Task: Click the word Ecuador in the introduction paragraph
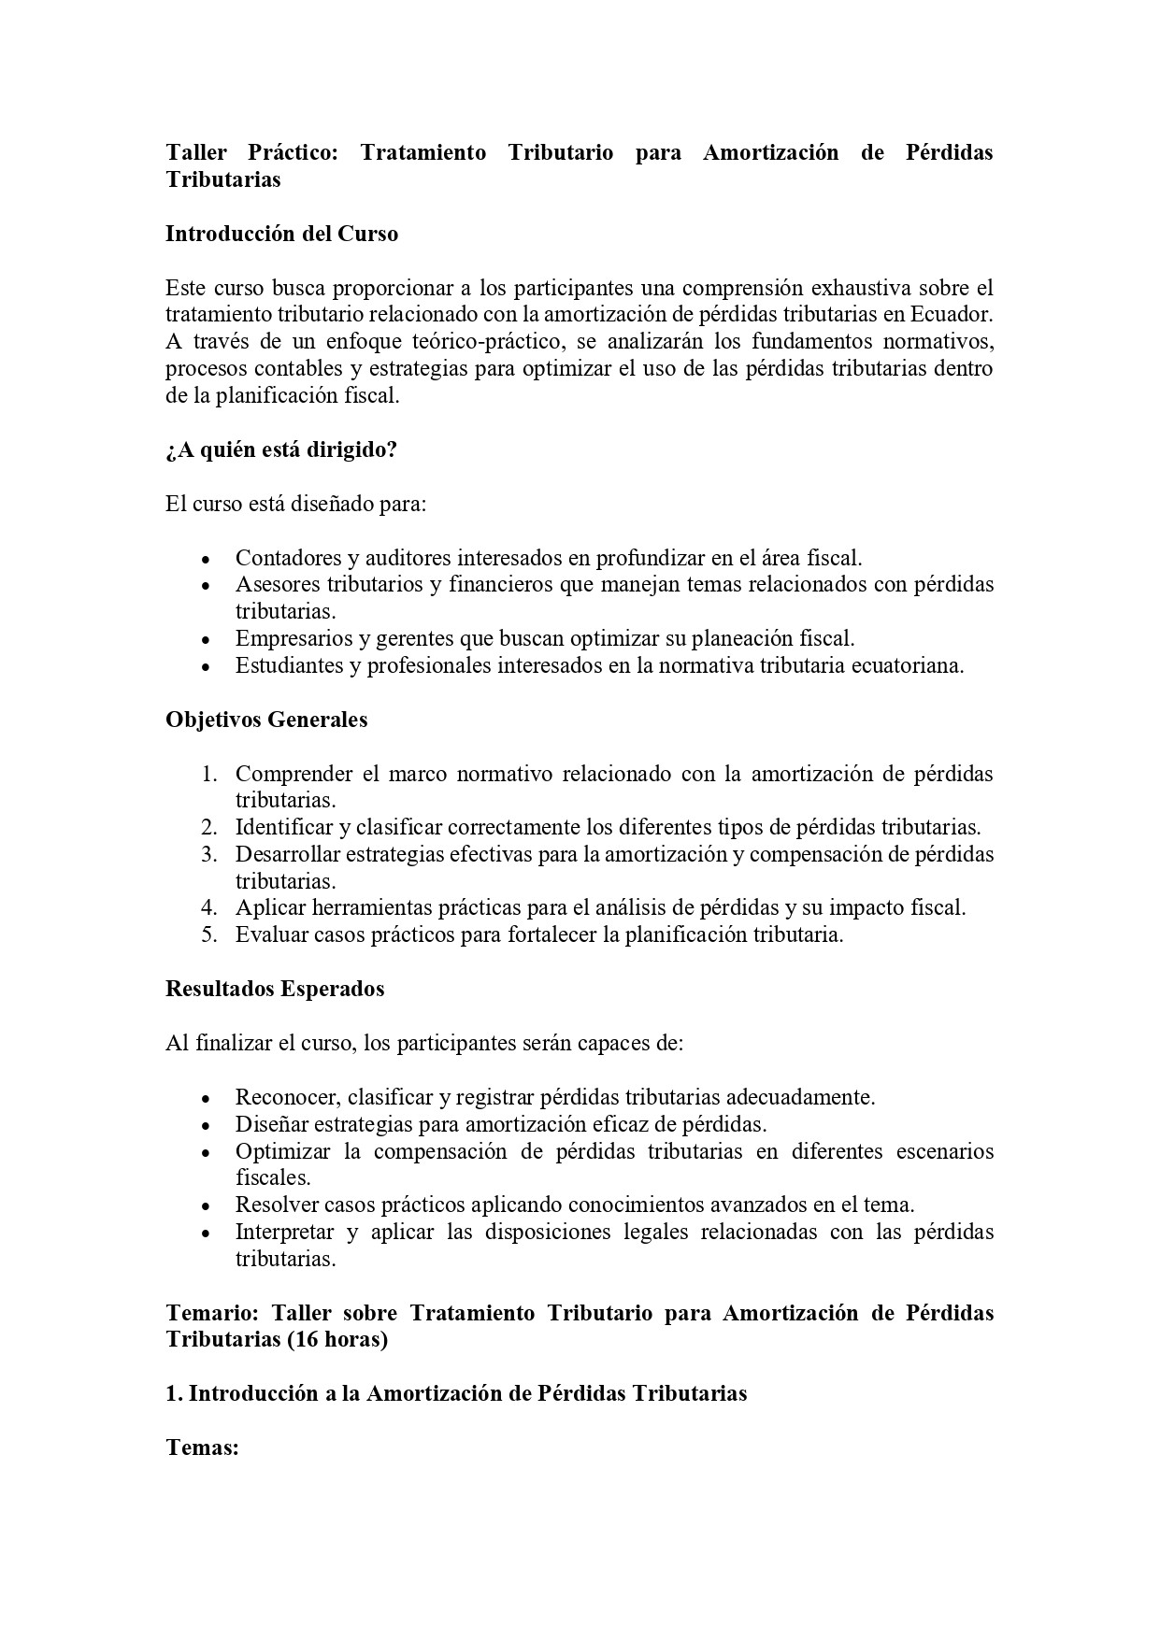[x=951, y=314]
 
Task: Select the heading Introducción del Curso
[x=281, y=234]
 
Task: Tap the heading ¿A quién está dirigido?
[x=281, y=449]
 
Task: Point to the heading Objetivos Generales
[x=266, y=720]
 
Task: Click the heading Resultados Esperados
[x=275, y=989]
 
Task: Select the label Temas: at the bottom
[x=203, y=1447]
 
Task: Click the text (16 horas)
[x=337, y=1339]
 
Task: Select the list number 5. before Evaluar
[x=209, y=934]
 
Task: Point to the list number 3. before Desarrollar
[x=209, y=854]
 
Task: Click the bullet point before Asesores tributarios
[x=206, y=587]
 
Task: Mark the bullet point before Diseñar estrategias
[x=206, y=1126]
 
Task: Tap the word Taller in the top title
[x=196, y=152]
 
